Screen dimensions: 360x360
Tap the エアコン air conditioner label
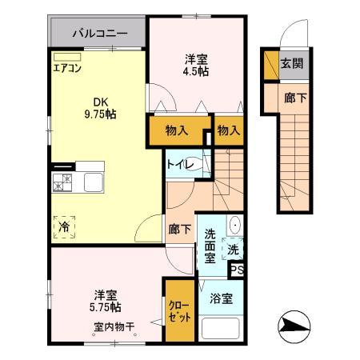(x=67, y=66)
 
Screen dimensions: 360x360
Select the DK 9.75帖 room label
(x=98, y=108)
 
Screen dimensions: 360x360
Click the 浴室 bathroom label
(x=222, y=298)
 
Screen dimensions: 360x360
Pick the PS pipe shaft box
(x=237, y=270)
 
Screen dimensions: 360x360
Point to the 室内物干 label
(x=112, y=326)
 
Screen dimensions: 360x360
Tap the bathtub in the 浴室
(x=222, y=329)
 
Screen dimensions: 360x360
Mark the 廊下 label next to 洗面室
(x=179, y=230)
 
